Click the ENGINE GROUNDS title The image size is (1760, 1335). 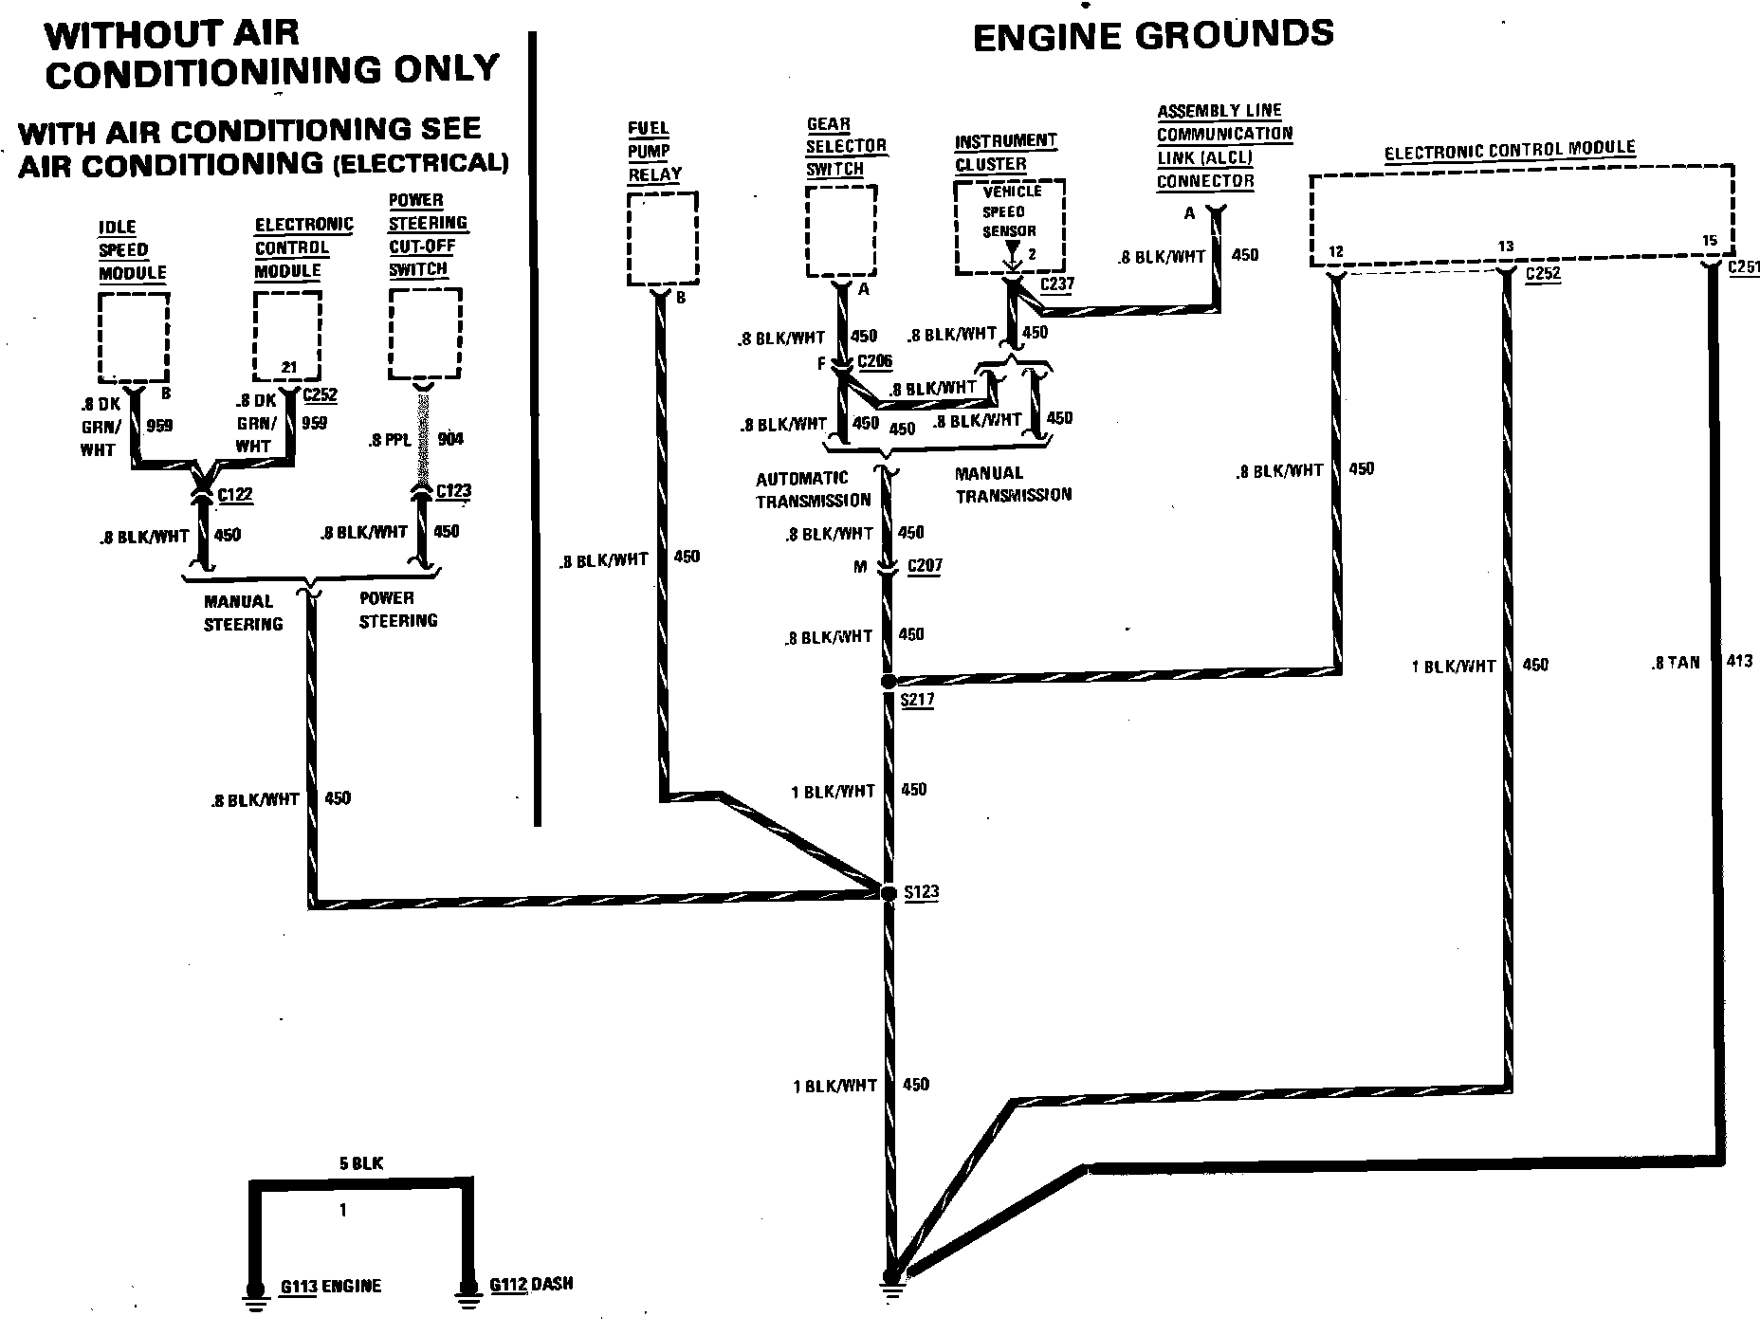click(1153, 36)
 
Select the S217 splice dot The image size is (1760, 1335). click(889, 682)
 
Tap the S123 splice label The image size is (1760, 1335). click(921, 892)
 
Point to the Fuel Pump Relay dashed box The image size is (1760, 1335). click(663, 238)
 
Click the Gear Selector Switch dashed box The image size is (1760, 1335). click(840, 231)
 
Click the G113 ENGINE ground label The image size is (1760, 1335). click(331, 1287)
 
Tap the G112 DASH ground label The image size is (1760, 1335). click(531, 1285)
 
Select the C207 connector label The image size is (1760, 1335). click(925, 566)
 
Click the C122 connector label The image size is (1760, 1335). click(235, 495)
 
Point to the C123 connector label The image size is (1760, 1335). click(453, 491)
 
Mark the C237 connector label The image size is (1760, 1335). click(1057, 283)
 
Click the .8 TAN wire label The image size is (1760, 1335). click(1676, 663)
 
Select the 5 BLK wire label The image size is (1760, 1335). click(360, 1163)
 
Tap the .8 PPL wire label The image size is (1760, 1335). click(391, 440)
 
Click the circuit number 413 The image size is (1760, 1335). click(1739, 662)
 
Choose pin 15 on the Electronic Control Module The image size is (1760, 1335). click(1710, 241)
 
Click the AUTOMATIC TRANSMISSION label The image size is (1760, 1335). click(813, 489)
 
